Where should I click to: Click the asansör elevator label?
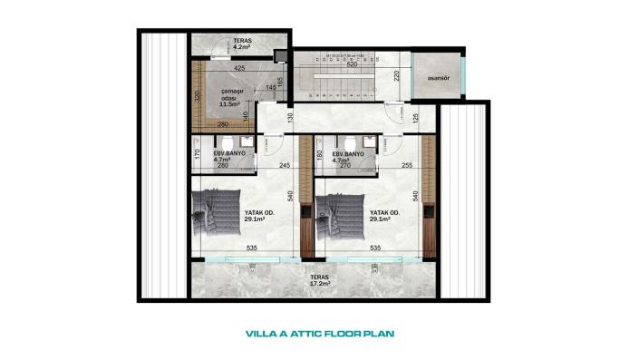click(431, 76)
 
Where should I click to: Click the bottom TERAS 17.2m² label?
click(317, 281)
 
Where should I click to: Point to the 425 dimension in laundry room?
click(239, 68)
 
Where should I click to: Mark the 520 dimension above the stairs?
click(352, 65)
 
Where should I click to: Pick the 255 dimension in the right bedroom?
click(406, 165)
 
